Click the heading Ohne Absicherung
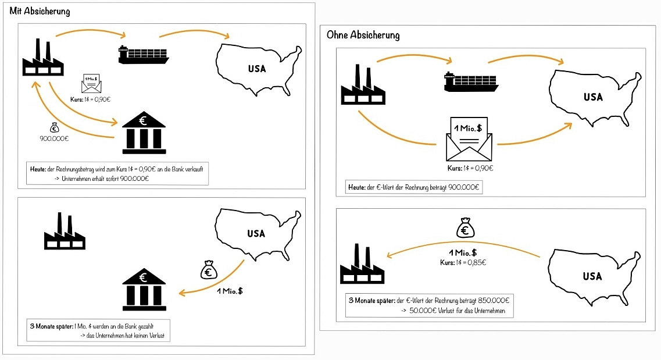[x=363, y=35]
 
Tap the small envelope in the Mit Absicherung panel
[x=91, y=84]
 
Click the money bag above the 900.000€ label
[x=54, y=127]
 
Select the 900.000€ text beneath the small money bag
[x=54, y=140]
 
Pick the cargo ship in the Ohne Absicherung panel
[x=470, y=82]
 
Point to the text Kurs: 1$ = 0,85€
[x=463, y=262]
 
